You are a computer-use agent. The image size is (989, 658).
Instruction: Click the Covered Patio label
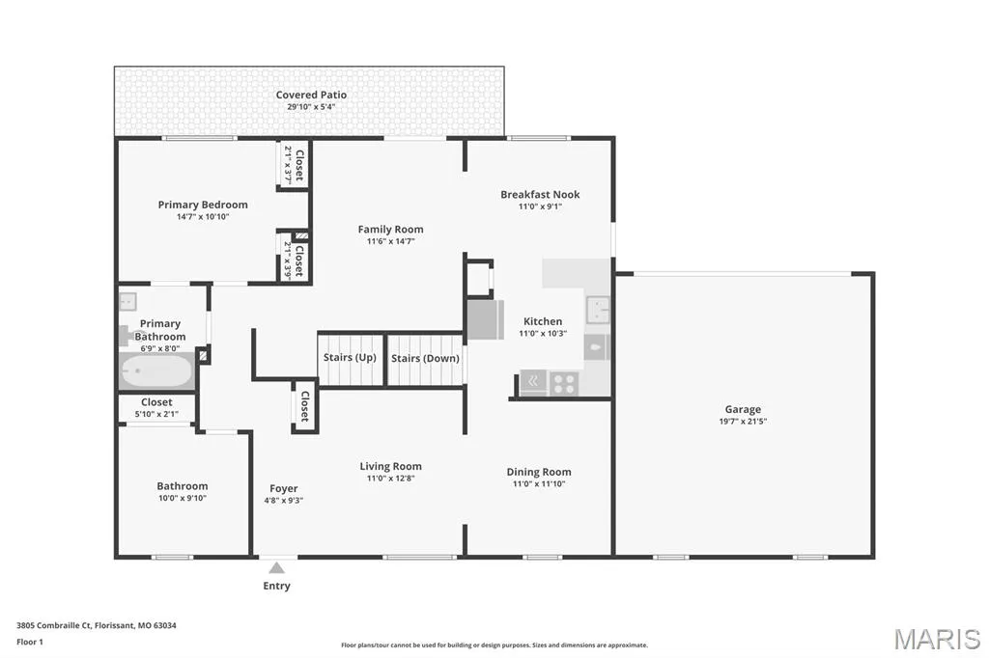[x=311, y=95]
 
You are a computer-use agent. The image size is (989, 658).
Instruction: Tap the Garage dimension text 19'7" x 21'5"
[x=743, y=421]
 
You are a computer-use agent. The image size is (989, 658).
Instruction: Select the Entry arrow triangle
[x=276, y=568]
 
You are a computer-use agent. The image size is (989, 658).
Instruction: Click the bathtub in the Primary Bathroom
[x=156, y=370]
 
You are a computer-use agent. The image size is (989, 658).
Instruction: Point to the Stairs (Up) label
[x=350, y=357]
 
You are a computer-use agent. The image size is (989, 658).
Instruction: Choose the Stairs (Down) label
[x=425, y=358]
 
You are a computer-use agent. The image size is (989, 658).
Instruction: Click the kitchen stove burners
[x=564, y=383]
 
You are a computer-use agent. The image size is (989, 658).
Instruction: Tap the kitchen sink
[x=597, y=310]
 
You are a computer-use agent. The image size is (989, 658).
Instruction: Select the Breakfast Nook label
[x=540, y=194]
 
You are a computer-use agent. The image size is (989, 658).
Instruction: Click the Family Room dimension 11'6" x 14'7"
[x=390, y=241]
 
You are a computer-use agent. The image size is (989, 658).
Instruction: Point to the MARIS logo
[x=937, y=639]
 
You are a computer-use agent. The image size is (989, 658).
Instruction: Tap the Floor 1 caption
[x=30, y=643]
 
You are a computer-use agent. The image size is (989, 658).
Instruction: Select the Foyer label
[x=284, y=488]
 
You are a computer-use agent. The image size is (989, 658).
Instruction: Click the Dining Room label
[x=539, y=472]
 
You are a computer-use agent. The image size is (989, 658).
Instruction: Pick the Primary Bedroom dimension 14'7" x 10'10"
[x=203, y=217]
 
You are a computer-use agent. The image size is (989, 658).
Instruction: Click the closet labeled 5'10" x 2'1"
[x=156, y=407]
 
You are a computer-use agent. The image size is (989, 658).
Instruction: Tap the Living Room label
[x=390, y=466]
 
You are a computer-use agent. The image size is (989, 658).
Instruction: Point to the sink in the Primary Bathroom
[x=128, y=301]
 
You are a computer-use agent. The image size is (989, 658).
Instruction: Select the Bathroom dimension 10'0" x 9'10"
[x=183, y=498]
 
